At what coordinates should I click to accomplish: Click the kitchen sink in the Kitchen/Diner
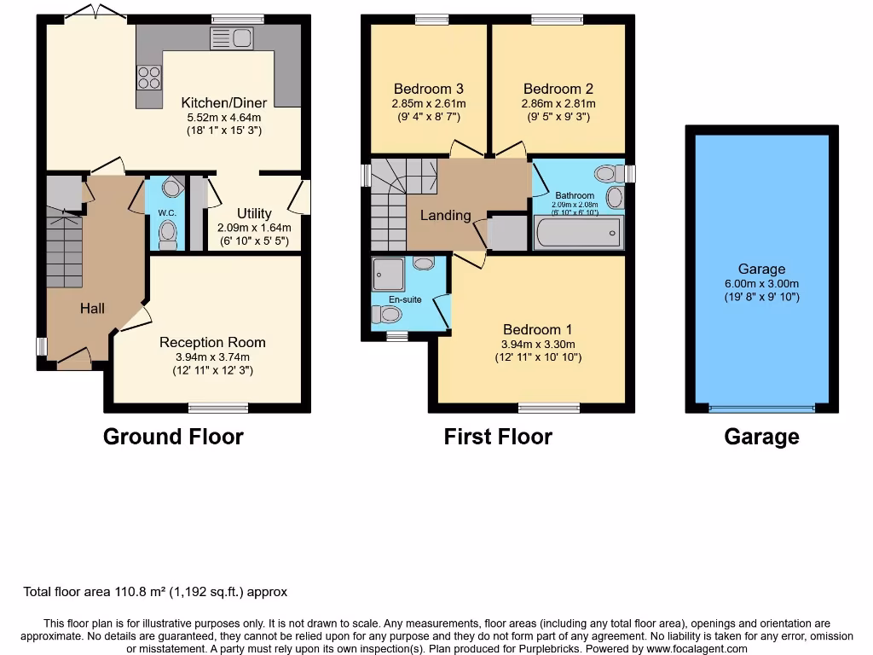coord(231,38)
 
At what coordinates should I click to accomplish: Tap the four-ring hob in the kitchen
coord(149,78)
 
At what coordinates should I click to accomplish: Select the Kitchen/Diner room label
coord(223,102)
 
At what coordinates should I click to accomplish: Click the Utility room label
coord(254,213)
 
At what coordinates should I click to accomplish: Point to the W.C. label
coord(165,213)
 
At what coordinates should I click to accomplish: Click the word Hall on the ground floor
coord(92,308)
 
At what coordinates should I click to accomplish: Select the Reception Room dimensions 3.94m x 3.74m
coord(212,356)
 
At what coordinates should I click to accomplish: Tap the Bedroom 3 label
coord(428,89)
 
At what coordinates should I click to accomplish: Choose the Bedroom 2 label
coord(558,89)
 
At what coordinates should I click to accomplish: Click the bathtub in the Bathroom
coord(578,232)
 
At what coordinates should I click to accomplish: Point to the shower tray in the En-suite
coord(390,274)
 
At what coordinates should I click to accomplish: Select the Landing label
coord(445,215)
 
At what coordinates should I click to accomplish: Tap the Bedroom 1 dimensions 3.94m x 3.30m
coord(537,344)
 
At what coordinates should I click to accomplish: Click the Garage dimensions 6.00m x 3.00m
coord(762,283)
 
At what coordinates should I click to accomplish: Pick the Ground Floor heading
coord(173,437)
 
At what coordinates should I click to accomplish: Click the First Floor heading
coord(498,437)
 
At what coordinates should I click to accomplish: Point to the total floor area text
coord(154,592)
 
